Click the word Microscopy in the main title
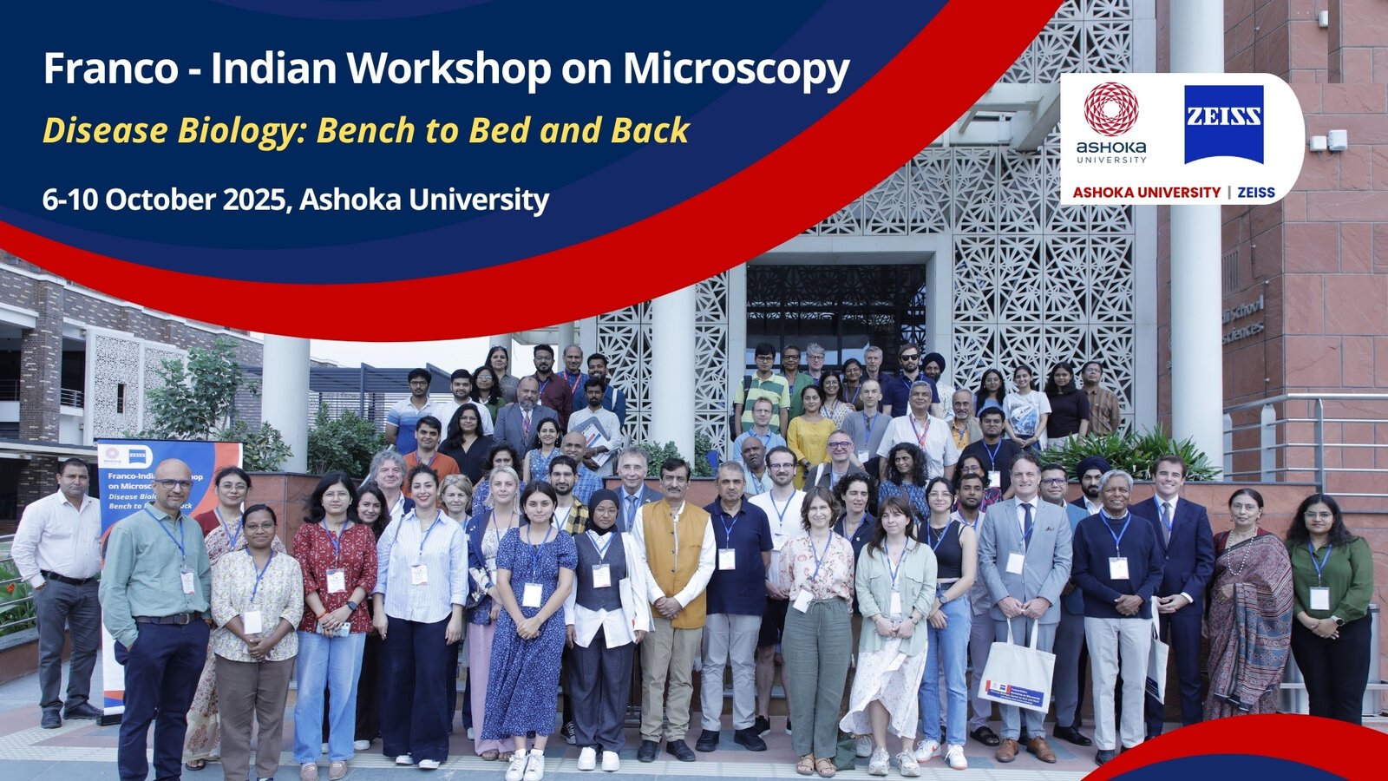(736, 69)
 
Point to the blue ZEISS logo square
(1223, 124)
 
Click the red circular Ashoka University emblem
(1111, 108)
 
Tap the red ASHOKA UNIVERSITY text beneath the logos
(1146, 193)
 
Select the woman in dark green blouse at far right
(1329, 599)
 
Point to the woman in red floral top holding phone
(334, 590)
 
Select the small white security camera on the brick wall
(1336, 140)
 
